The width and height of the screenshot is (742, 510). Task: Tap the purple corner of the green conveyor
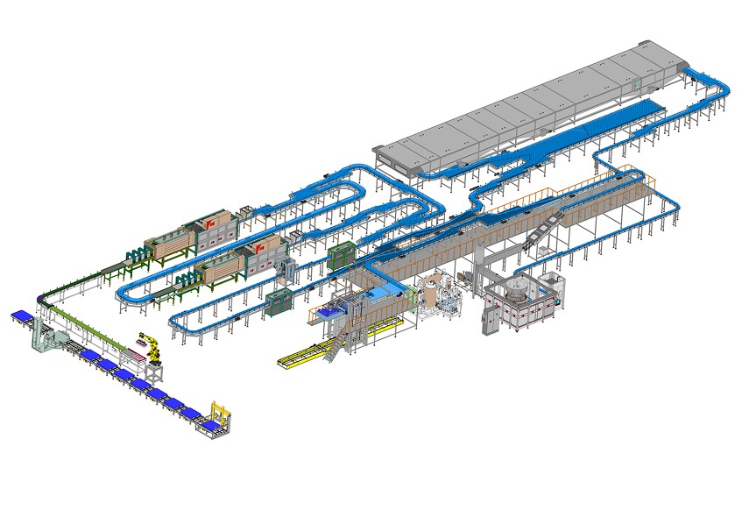coord(40,301)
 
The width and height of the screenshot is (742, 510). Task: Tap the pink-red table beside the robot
coord(133,355)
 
